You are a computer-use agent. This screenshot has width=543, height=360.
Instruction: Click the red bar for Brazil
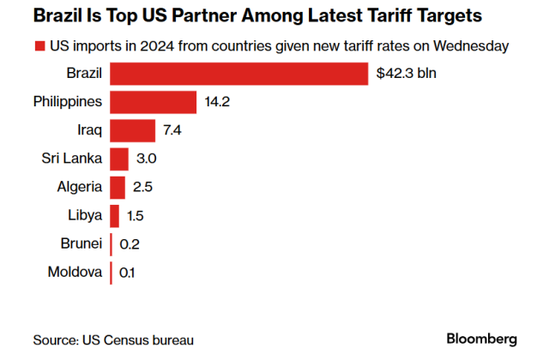point(239,74)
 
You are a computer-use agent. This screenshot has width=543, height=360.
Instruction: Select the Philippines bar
point(154,102)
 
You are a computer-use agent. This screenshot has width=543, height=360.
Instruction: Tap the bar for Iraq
point(132,130)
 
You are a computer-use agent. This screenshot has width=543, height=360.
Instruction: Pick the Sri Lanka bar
point(119,159)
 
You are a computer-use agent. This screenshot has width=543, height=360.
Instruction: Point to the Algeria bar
point(118,187)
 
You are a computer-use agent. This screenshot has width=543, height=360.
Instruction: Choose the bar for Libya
point(115,215)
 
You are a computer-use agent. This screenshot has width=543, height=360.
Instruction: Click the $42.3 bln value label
point(406,74)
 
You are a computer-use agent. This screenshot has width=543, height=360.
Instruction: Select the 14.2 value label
point(217,102)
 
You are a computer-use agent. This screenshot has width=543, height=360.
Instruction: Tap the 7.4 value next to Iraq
point(172,130)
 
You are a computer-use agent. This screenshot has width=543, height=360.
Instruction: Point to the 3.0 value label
point(147,159)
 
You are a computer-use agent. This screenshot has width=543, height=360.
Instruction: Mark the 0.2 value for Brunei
point(130,244)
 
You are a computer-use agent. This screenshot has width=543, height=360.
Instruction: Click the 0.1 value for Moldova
point(128,273)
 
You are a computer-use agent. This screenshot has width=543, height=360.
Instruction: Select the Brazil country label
point(84,74)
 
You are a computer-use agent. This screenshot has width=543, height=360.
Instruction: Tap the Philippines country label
point(68,102)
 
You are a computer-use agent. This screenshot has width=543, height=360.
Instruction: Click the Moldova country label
point(77,273)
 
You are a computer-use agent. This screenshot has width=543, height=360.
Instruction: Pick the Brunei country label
point(82,244)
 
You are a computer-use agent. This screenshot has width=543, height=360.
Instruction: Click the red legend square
point(39,45)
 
